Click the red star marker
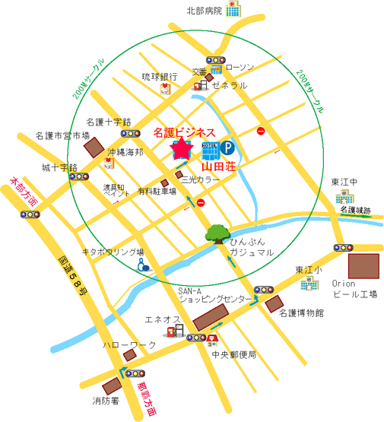tap(182, 149)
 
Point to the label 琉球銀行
tap(160, 77)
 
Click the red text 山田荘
tap(219, 166)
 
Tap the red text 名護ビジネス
tap(185, 132)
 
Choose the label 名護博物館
tap(301, 313)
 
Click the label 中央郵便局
tap(234, 354)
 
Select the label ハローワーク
tap(130, 344)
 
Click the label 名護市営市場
tap(63, 136)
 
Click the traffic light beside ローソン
tap(216, 60)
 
